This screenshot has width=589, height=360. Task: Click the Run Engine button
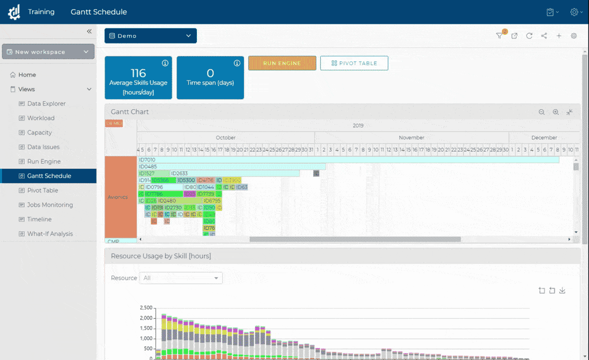(282, 63)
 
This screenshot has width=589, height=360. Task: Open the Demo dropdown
(150, 36)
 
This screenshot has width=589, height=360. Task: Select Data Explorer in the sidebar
(46, 104)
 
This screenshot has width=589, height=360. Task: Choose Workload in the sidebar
(40, 118)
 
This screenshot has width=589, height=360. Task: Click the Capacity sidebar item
(39, 132)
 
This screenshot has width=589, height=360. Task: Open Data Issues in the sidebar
(43, 147)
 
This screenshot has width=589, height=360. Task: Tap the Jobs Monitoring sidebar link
(50, 205)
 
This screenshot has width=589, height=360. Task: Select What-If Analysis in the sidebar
(50, 234)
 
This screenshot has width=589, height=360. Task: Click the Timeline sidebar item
(39, 219)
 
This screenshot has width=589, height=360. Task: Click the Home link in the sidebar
(27, 75)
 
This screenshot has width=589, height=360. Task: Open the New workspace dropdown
(48, 52)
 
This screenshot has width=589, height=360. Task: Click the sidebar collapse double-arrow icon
(89, 31)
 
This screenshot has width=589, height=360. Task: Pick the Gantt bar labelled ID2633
(235, 173)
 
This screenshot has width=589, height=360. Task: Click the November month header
(411, 138)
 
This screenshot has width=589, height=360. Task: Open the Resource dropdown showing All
(181, 278)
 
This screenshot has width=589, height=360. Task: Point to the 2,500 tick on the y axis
(145, 307)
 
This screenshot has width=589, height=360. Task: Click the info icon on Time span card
(237, 63)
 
